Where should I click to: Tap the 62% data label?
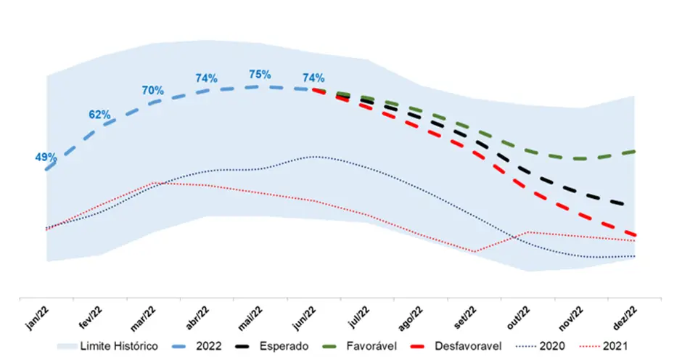tap(99, 115)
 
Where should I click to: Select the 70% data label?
tap(152, 91)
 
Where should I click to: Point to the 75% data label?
tap(260, 74)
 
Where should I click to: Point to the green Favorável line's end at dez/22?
tap(635, 151)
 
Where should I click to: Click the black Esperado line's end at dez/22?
tap(635, 205)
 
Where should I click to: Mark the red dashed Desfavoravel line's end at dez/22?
tap(635, 234)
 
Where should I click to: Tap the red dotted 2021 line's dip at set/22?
tap(475, 251)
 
